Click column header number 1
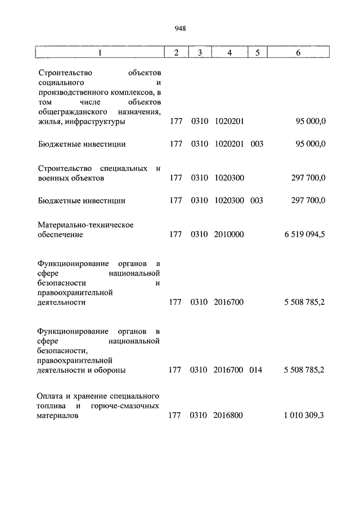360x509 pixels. coord(100,52)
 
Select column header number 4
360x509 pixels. coord(229,52)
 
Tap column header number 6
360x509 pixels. coord(298,52)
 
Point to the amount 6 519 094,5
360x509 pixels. coord(305,235)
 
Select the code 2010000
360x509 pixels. coord(229,235)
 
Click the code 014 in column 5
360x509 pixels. coord(256,370)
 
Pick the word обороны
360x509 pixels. coord(111,370)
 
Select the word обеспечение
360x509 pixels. coord(60,235)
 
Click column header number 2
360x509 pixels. coord(176,52)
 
